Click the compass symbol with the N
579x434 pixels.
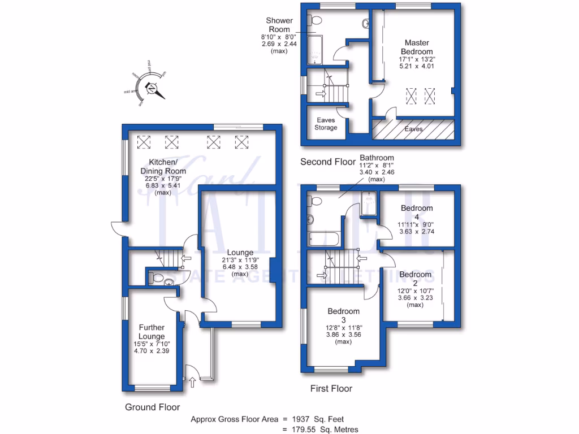click(x=151, y=88)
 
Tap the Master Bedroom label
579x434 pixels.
click(x=417, y=47)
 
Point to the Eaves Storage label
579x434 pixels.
click(x=326, y=124)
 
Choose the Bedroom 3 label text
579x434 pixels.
click(x=343, y=315)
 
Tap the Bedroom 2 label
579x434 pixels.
click(x=415, y=279)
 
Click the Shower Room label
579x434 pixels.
click(x=279, y=25)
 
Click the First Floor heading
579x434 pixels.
click(x=331, y=389)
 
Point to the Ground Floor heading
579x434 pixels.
click(x=152, y=407)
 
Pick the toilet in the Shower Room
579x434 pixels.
click(x=315, y=21)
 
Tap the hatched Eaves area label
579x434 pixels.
click(x=414, y=129)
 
